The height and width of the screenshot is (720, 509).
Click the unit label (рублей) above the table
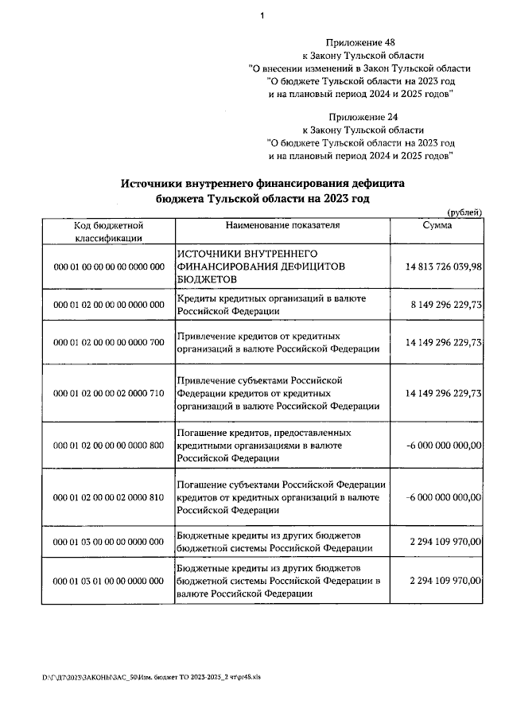pyautogui.click(x=464, y=212)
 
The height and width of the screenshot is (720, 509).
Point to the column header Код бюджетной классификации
pyautogui.click(x=108, y=231)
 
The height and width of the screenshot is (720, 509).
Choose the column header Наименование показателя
pyautogui.click(x=282, y=225)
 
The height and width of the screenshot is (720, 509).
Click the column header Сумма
pyautogui.click(x=437, y=225)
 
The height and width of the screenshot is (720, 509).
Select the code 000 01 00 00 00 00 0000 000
pyautogui.click(x=108, y=267)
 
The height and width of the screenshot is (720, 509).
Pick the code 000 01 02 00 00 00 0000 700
pyautogui.click(x=108, y=342)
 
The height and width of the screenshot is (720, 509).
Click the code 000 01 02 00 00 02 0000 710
pyautogui.click(x=108, y=392)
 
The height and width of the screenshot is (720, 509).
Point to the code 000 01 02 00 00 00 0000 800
pyautogui.click(x=108, y=446)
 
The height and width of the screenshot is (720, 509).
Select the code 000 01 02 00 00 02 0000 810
pyautogui.click(x=108, y=497)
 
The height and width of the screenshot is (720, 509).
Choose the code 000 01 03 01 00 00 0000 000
pyautogui.click(x=108, y=581)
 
